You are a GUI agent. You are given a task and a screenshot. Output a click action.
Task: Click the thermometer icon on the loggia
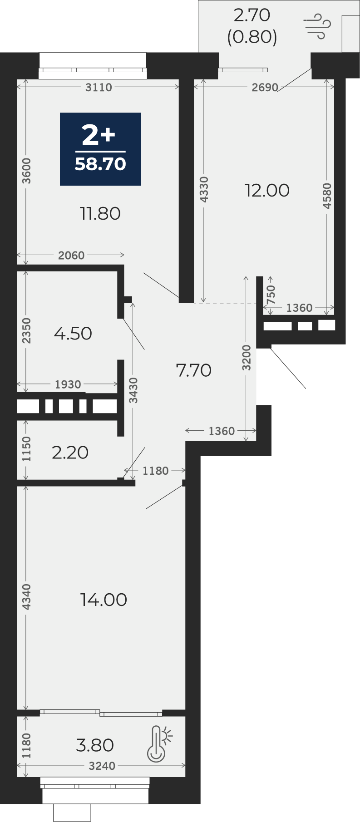click(159, 743)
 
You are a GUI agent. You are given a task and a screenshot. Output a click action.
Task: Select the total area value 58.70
click(100, 164)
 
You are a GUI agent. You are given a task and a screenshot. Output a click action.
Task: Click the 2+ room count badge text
click(99, 135)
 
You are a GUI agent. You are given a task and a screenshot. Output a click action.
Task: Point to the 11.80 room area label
click(100, 213)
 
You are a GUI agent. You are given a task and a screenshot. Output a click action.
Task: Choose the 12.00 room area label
click(267, 191)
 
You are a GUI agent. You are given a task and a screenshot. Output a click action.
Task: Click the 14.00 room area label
click(104, 600)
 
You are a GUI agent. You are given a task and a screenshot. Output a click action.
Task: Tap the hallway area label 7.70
click(194, 370)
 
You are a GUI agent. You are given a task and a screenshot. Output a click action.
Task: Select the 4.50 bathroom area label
click(73, 334)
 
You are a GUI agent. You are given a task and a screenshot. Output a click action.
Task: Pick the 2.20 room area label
click(70, 453)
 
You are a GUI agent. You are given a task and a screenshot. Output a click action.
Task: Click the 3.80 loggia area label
click(95, 745)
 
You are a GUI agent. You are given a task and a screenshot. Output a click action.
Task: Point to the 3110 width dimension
click(99, 87)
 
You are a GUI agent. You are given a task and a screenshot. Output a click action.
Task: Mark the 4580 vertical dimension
click(327, 196)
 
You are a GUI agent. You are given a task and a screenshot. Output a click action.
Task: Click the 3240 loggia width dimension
click(102, 766)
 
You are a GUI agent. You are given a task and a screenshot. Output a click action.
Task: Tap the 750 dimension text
click(271, 295)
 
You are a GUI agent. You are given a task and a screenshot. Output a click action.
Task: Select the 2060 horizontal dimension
click(71, 256)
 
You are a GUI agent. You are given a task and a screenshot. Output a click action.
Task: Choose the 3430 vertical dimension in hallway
click(133, 390)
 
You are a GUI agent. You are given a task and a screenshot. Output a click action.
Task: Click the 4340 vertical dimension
click(26, 597)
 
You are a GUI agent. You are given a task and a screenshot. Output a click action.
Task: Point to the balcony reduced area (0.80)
click(252, 37)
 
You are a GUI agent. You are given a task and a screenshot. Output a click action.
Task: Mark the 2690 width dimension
click(265, 87)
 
